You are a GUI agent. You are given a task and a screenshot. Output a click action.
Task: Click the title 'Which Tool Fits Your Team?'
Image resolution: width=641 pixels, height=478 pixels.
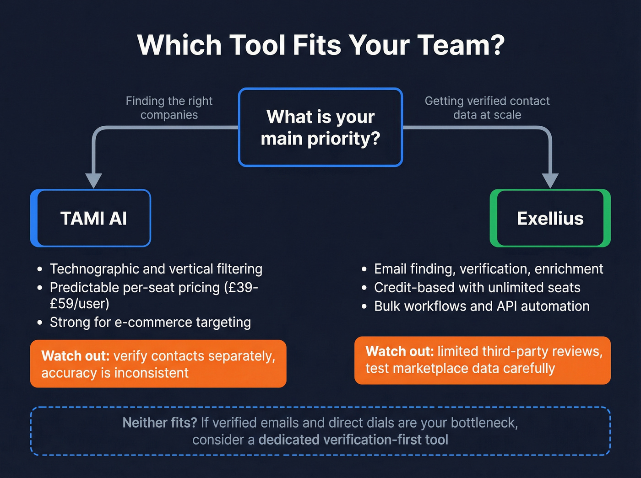pos(320,45)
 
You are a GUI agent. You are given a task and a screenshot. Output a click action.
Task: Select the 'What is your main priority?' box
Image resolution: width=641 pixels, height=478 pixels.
pos(320,127)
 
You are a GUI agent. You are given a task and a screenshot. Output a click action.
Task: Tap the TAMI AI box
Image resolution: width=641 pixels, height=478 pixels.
pos(93,218)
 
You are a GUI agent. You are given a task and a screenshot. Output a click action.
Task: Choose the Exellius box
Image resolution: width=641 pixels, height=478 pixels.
pos(550,218)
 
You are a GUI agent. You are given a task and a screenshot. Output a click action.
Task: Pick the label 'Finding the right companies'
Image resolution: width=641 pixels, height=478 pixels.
pos(169,107)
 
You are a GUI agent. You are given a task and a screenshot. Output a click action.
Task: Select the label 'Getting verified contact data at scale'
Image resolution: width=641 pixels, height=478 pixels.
pos(487,107)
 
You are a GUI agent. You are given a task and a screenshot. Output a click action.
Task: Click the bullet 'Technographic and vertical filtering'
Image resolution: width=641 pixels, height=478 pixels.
pos(156,269)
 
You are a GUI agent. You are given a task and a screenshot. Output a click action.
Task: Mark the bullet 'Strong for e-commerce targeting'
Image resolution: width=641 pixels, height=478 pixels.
pos(150,322)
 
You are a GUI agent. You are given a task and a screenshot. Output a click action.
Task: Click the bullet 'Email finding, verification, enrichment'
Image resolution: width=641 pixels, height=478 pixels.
pos(488,269)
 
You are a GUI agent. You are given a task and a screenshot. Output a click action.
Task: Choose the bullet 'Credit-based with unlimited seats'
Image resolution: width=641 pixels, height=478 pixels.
pos(477,288)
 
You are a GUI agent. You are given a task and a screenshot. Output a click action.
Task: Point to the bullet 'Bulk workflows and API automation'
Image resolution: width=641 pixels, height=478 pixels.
pos(481,306)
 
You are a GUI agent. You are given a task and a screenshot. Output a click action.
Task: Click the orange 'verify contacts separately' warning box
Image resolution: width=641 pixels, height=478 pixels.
pos(158,364)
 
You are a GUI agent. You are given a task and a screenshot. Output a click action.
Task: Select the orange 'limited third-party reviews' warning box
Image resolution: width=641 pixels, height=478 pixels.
pos(482,360)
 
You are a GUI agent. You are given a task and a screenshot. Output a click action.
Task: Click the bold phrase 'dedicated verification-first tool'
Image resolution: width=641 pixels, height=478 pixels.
pos(353,440)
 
